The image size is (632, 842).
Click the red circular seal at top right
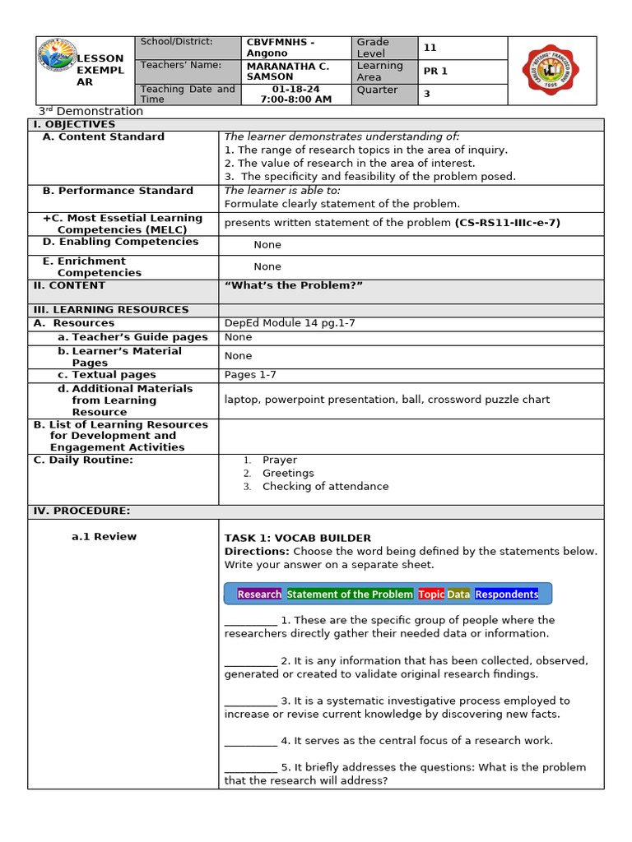point(551,70)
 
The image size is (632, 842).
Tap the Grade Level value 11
point(430,48)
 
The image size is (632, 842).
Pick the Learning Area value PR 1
point(435,72)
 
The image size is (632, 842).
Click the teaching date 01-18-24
point(295,89)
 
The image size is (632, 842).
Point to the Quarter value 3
point(427,94)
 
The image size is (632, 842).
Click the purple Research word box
point(259,594)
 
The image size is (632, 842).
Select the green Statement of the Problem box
point(350,594)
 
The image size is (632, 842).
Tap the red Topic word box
point(431,594)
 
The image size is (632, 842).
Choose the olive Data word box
point(458,594)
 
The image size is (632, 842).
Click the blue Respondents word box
point(506,594)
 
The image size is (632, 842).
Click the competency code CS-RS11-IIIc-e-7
point(508,223)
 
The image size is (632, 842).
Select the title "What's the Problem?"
point(293,285)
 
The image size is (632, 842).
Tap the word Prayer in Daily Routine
point(280,460)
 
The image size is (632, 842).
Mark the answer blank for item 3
point(250,701)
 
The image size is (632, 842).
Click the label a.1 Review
point(104,537)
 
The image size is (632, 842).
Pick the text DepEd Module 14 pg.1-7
point(290,323)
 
